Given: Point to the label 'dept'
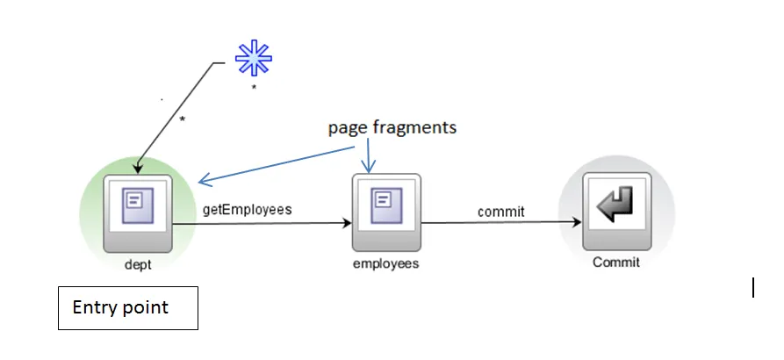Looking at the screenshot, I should (138, 263).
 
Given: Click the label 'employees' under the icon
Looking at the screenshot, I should (385, 263).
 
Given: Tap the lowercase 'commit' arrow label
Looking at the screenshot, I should (500, 211).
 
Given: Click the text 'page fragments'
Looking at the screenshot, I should (392, 127).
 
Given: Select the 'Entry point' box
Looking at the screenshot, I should (128, 307).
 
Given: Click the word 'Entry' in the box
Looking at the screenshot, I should (93, 307).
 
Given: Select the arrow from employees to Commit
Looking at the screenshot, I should (500, 223).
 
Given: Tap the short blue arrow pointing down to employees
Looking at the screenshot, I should (369, 156).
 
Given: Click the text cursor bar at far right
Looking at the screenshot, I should (753, 287).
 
